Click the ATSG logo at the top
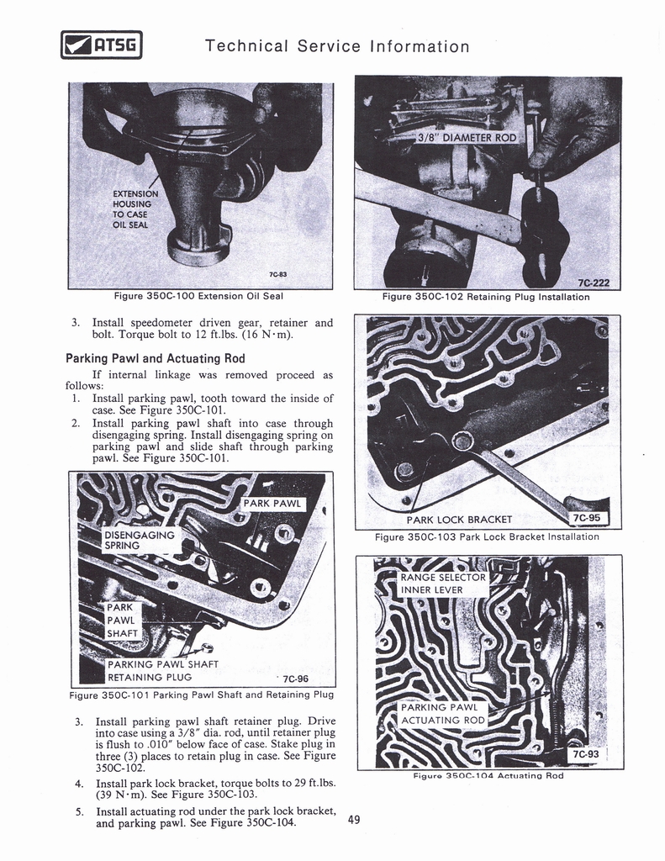[x=102, y=45]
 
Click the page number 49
[x=354, y=820]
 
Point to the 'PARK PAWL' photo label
[x=271, y=504]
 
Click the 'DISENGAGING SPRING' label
[x=138, y=540]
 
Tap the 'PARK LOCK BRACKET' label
[x=465, y=519]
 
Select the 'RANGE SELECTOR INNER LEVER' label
[x=442, y=584]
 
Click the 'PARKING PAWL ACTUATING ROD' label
[x=442, y=714]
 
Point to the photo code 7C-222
[x=594, y=283]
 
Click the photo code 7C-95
[x=585, y=518]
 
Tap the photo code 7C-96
[x=297, y=679]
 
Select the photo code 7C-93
[x=584, y=754]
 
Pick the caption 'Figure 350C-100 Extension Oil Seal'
[x=198, y=296]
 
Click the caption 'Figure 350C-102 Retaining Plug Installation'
[x=486, y=297]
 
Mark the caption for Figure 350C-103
[x=487, y=536]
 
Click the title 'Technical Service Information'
[x=337, y=46]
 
